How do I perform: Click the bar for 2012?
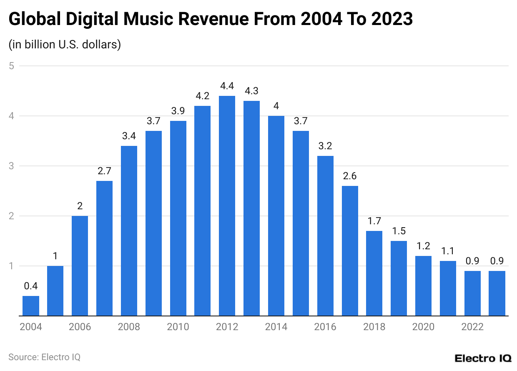coord(227,206)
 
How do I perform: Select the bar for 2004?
coord(31,306)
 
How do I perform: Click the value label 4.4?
coord(227,86)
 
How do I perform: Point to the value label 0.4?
coord(31,286)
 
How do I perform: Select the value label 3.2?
coord(325,146)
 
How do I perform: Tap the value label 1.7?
coord(374,221)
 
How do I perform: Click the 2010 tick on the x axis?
coord(178,327)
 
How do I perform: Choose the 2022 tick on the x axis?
coord(472,327)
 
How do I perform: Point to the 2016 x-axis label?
coord(325,327)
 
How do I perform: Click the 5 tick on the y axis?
coord(12,66)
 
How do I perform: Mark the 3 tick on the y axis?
coord(12,166)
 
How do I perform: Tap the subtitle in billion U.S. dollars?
coord(65,44)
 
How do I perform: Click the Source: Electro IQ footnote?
coord(44,357)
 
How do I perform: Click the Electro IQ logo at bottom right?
coord(482,358)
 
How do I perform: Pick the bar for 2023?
coord(497,293)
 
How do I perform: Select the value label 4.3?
coord(252,91)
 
